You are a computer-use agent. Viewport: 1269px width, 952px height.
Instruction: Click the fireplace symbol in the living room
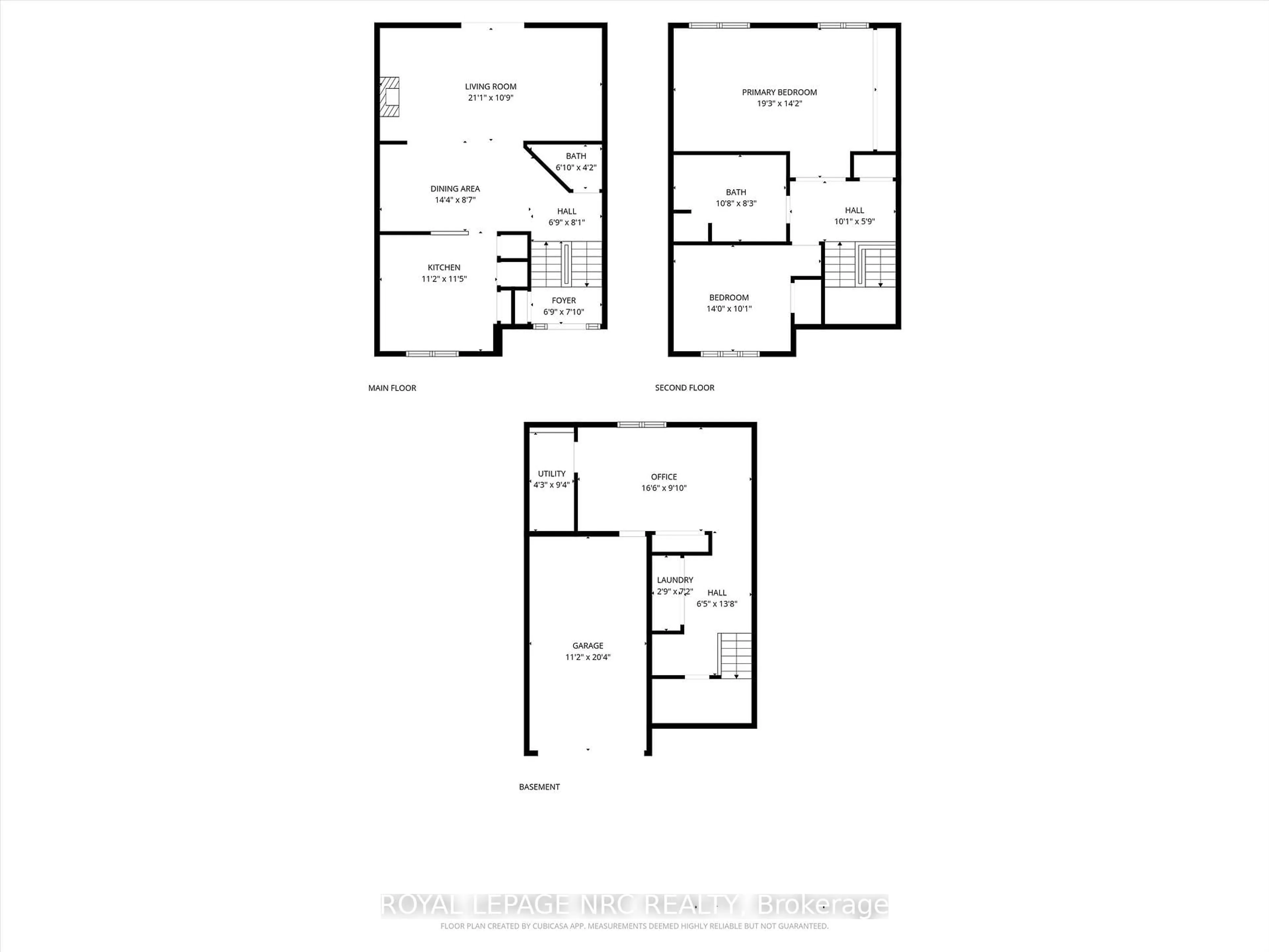(390, 97)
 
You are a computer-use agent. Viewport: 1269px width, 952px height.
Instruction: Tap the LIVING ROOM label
(490, 87)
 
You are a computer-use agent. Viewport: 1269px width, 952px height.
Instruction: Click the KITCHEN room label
(443, 267)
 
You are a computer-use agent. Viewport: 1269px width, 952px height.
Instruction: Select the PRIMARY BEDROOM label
(779, 92)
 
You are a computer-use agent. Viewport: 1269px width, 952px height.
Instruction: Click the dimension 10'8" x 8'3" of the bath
(736, 203)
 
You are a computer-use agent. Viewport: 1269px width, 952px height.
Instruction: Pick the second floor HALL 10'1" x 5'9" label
(854, 216)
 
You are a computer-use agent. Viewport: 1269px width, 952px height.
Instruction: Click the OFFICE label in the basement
(664, 477)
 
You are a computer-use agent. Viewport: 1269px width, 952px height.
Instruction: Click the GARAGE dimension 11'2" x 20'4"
(588, 657)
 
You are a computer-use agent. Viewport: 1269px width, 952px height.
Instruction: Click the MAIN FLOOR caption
(392, 388)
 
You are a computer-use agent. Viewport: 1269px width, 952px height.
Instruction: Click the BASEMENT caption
(539, 787)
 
